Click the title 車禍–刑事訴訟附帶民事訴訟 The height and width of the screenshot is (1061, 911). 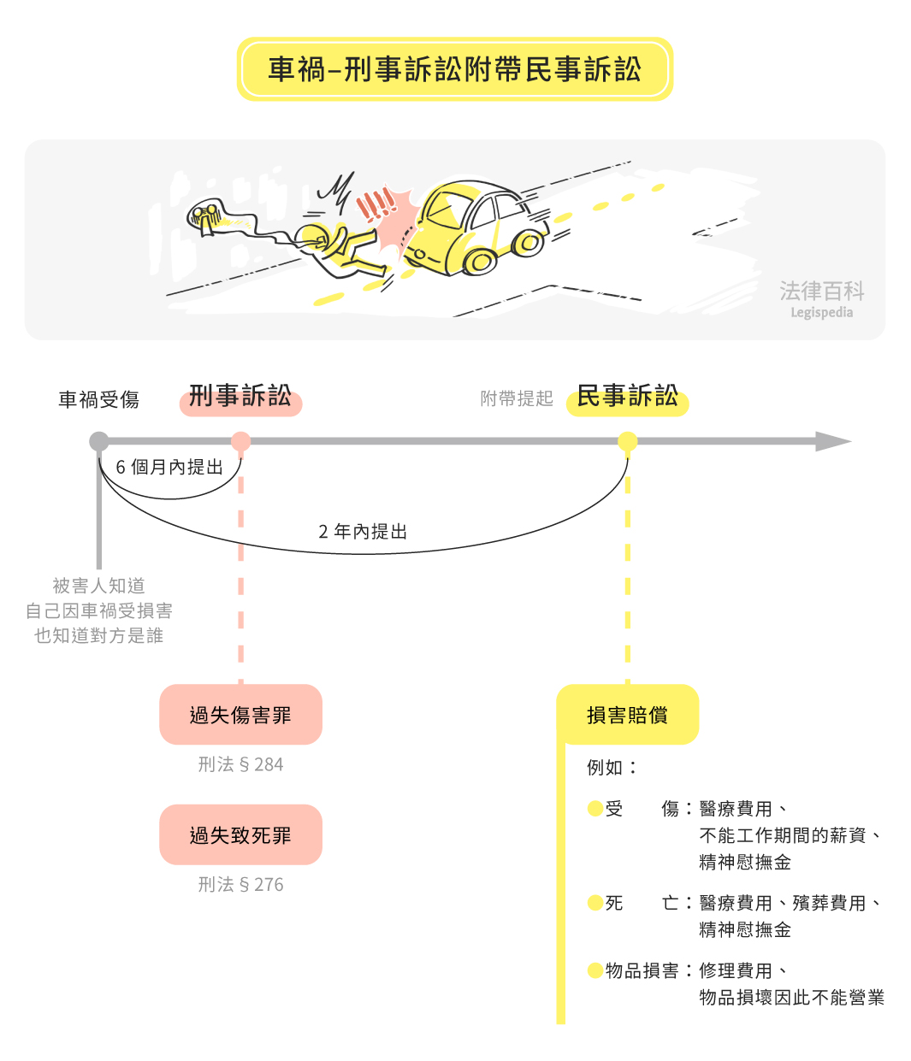(454, 69)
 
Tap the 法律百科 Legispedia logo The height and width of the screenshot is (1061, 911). (821, 298)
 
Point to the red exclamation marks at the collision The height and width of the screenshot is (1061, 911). (376, 205)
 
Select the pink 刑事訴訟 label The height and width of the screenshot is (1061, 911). (240, 398)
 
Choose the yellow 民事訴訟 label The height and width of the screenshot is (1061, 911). (627, 398)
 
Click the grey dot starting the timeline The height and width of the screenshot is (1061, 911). (99, 441)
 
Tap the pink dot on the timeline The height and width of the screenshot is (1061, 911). (240, 441)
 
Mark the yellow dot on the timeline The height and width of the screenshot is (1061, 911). (627, 441)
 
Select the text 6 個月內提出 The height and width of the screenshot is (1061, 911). (169, 467)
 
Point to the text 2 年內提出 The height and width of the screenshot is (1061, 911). (363, 532)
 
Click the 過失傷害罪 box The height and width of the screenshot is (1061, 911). (240, 715)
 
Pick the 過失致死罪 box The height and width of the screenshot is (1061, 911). (240, 834)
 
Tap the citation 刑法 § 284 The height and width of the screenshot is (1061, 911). (240, 764)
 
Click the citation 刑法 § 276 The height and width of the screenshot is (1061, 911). (240, 884)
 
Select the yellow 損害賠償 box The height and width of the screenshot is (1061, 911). (627, 715)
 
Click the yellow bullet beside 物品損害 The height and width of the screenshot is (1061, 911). (595, 970)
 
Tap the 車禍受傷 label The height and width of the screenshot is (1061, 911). (98, 399)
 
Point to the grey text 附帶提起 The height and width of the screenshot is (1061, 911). (517, 398)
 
